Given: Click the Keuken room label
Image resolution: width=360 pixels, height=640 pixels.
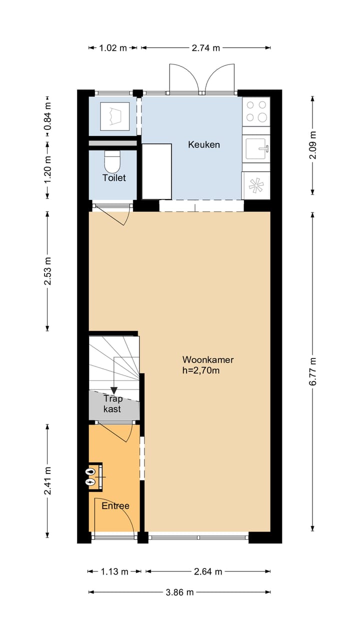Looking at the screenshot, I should (204, 145).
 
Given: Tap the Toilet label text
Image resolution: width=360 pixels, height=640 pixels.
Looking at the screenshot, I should (114, 177).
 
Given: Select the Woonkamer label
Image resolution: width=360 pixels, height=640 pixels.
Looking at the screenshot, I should (207, 359).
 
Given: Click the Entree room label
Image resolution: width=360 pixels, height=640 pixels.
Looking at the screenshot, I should (115, 506).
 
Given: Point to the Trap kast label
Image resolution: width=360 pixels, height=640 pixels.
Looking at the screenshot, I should (112, 403).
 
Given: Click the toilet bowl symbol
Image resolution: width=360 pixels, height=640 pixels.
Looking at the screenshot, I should (112, 162).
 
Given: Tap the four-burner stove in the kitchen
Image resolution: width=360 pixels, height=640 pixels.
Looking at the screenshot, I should (256, 111).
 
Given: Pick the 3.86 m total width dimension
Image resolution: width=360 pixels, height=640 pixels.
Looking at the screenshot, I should (179, 592).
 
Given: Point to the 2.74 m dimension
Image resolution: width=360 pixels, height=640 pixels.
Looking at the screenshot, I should (206, 48).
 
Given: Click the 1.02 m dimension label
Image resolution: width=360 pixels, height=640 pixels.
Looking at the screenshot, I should (112, 48).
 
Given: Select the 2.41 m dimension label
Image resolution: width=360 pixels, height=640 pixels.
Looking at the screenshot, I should (47, 481).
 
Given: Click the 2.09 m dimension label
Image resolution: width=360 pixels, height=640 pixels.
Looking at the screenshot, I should (313, 145).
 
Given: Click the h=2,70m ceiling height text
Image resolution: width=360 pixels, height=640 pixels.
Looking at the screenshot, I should (201, 370).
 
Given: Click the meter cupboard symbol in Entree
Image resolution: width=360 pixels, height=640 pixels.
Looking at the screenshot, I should (91, 477).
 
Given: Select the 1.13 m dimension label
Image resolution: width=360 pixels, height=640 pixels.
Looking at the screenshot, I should (114, 571).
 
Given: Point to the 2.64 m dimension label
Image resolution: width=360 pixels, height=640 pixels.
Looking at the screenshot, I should (207, 571).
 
